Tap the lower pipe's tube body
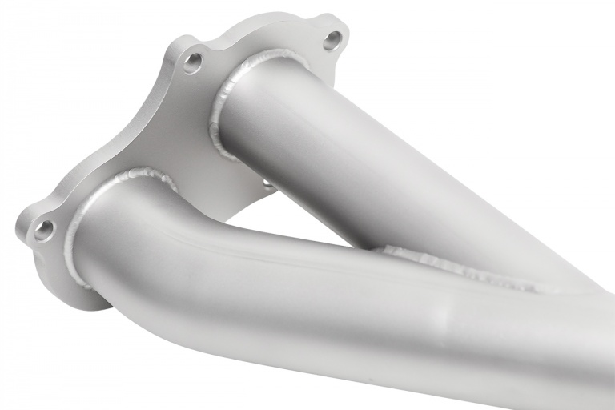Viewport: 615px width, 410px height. [x=240, y=288]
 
